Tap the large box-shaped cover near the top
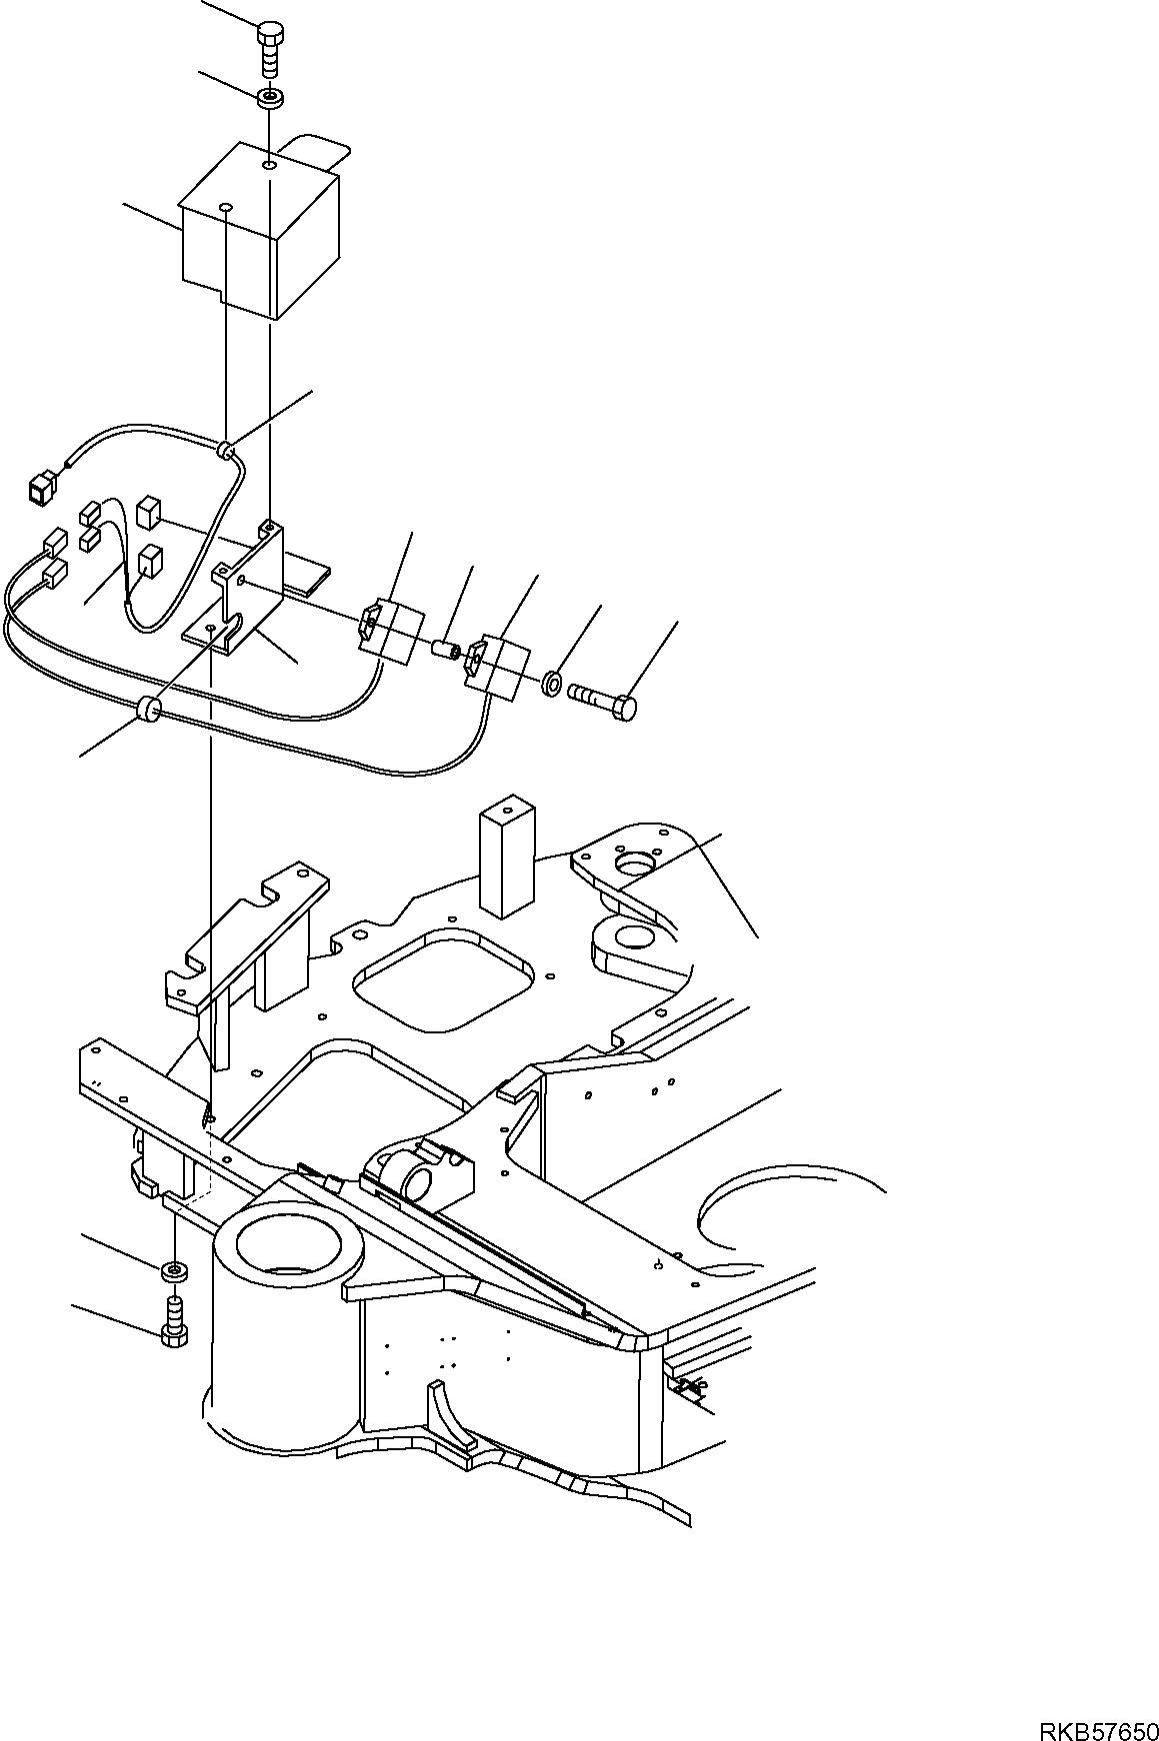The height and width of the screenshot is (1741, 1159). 260,235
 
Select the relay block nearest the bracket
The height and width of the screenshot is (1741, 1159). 388,635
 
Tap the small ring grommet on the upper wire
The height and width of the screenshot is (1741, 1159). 228,453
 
